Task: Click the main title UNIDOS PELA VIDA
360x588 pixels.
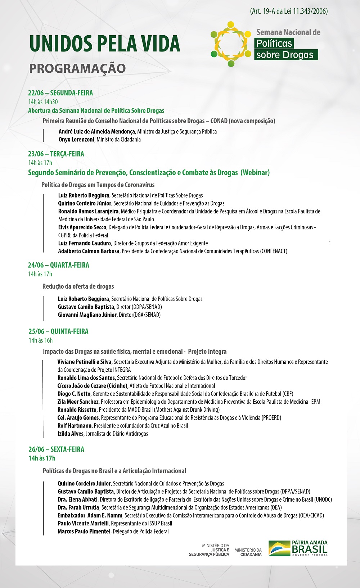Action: (x=105, y=44)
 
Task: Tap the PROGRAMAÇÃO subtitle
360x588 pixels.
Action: (x=77, y=68)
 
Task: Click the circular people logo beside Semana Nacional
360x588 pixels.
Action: (x=231, y=44)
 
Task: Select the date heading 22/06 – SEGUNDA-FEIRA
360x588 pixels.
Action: (x=60, y=93)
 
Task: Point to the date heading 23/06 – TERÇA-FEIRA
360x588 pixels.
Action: (x=56, y=154)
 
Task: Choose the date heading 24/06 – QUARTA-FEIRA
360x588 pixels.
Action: (x=59, y=265)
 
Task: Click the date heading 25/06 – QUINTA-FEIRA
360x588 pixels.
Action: (x=59, y=331)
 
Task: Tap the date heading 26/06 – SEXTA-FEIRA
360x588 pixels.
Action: (x=57, y=449)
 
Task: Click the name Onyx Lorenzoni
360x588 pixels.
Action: (x=76, y=140)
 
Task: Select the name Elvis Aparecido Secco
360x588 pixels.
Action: (x=82, y=227)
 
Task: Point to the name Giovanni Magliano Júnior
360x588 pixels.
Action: (x=87, y=315)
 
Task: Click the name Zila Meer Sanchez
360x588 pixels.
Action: (x=78, y=402)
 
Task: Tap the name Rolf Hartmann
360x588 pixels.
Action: (x=75, y=426)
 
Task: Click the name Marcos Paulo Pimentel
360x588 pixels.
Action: (x=84, y=532)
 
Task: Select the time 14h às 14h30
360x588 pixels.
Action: (x=43, y=102)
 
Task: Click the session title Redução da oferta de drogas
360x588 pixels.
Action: (x=78, y=286)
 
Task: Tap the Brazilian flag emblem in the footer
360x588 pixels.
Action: (x=279, y=548)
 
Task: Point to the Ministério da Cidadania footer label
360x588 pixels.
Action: (x=248, y=552)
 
